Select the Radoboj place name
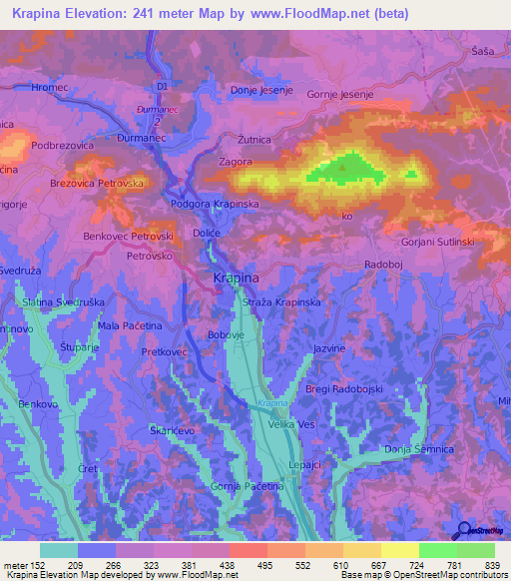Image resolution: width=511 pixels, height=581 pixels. (x=384, y=264)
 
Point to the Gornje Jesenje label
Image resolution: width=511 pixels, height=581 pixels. (x=339, y=94)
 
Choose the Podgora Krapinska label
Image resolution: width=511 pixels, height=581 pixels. (x=216, y=204)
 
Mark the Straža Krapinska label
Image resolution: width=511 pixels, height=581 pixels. (x=282, y=300)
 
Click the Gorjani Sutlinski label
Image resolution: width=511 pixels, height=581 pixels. (x=438, y=243)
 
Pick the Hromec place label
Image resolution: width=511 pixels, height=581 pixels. (x=49, y=88)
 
